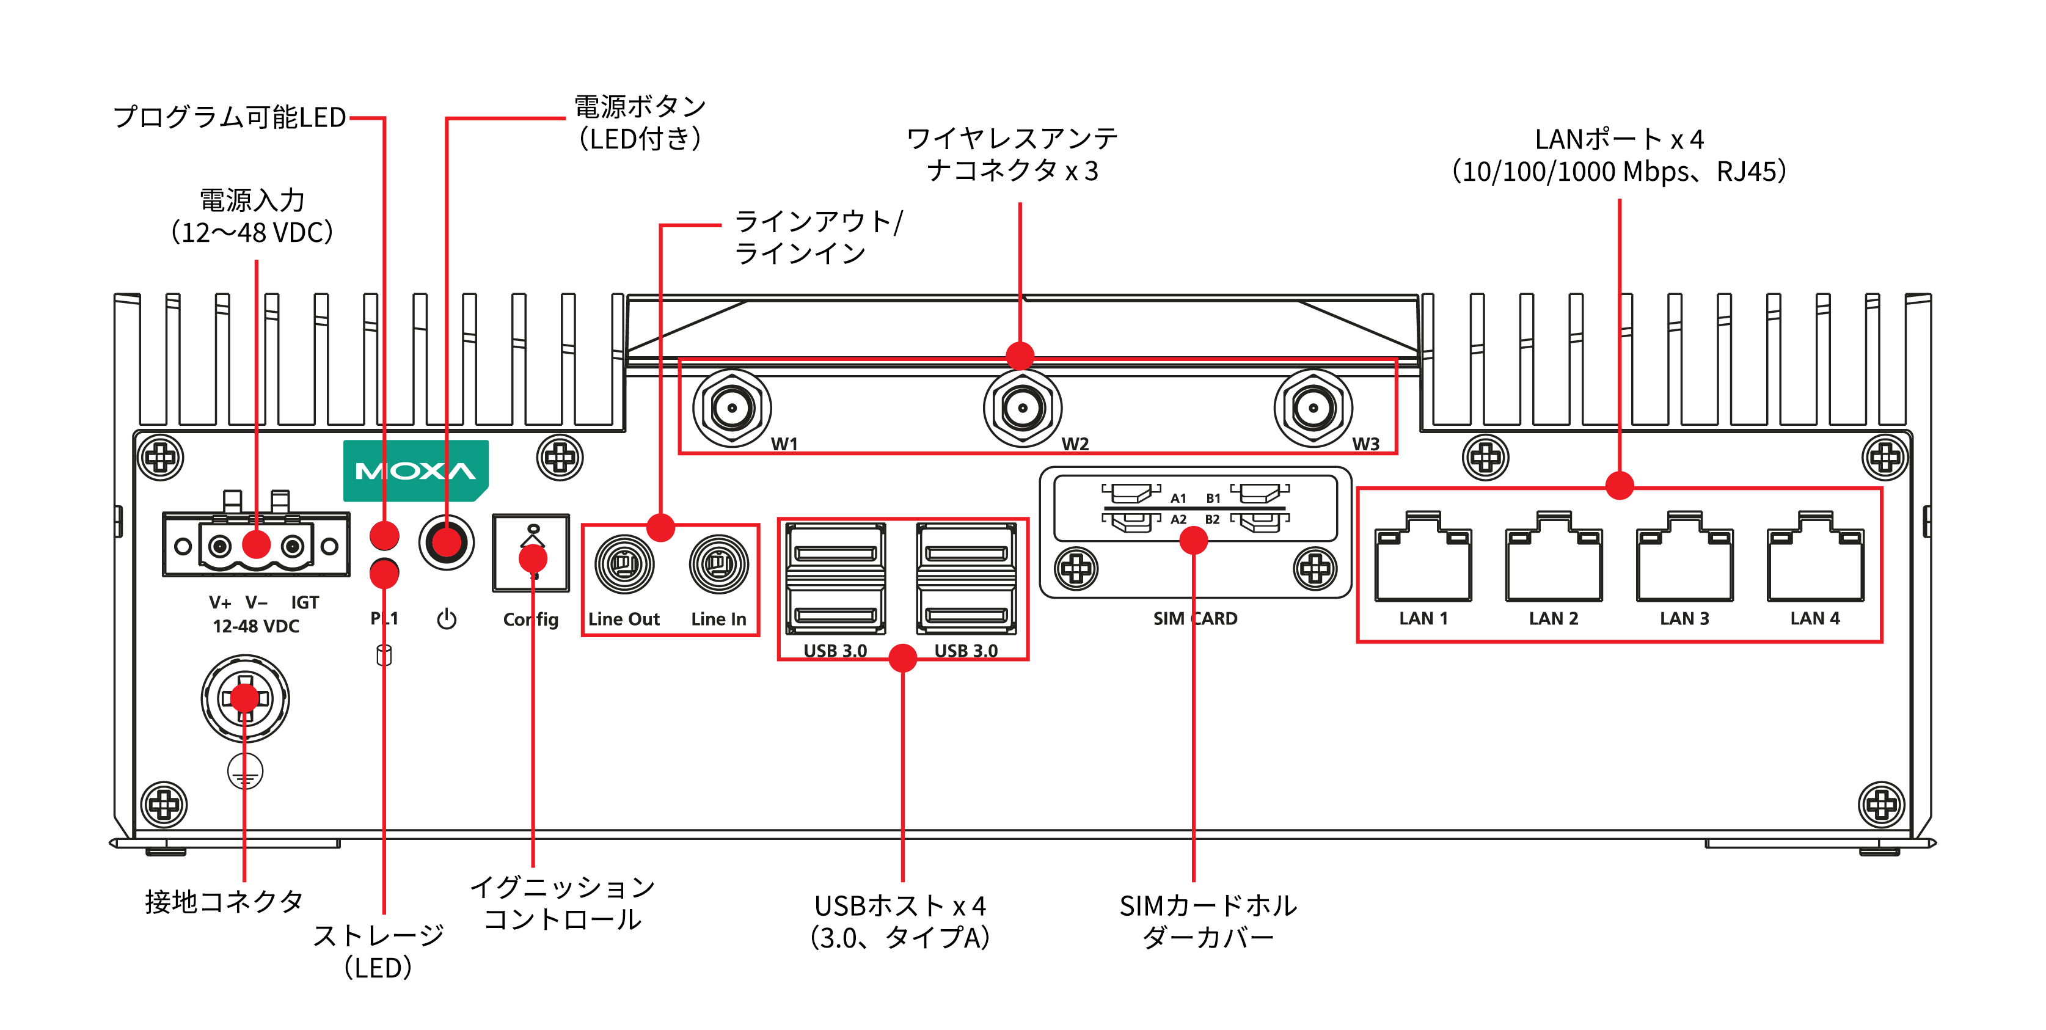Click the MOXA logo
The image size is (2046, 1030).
[x=415, y=471]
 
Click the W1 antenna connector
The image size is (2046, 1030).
[x=731, y=408]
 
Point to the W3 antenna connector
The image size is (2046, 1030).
[x=1313, y=408]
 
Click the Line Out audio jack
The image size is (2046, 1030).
[x=624, y=564]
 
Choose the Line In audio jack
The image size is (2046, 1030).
[x=718, y=564]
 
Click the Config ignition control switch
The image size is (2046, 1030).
[x=530, y=553]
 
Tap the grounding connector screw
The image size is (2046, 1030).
[x=244, y=699]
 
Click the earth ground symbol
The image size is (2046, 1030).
[x=244, y=771]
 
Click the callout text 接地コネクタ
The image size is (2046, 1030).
[x=224, y=901]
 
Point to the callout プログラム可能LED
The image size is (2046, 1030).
[x=230, y=117]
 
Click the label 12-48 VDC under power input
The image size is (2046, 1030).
[x=256, y=627]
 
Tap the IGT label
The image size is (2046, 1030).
[x=304, y=603]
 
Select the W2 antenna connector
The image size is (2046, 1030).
[x=1022, y=408]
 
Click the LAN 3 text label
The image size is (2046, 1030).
[x=1684, y=619]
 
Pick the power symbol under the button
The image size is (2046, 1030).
[x=447, y=619]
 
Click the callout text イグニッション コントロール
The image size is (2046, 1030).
[x=562, y=903]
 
